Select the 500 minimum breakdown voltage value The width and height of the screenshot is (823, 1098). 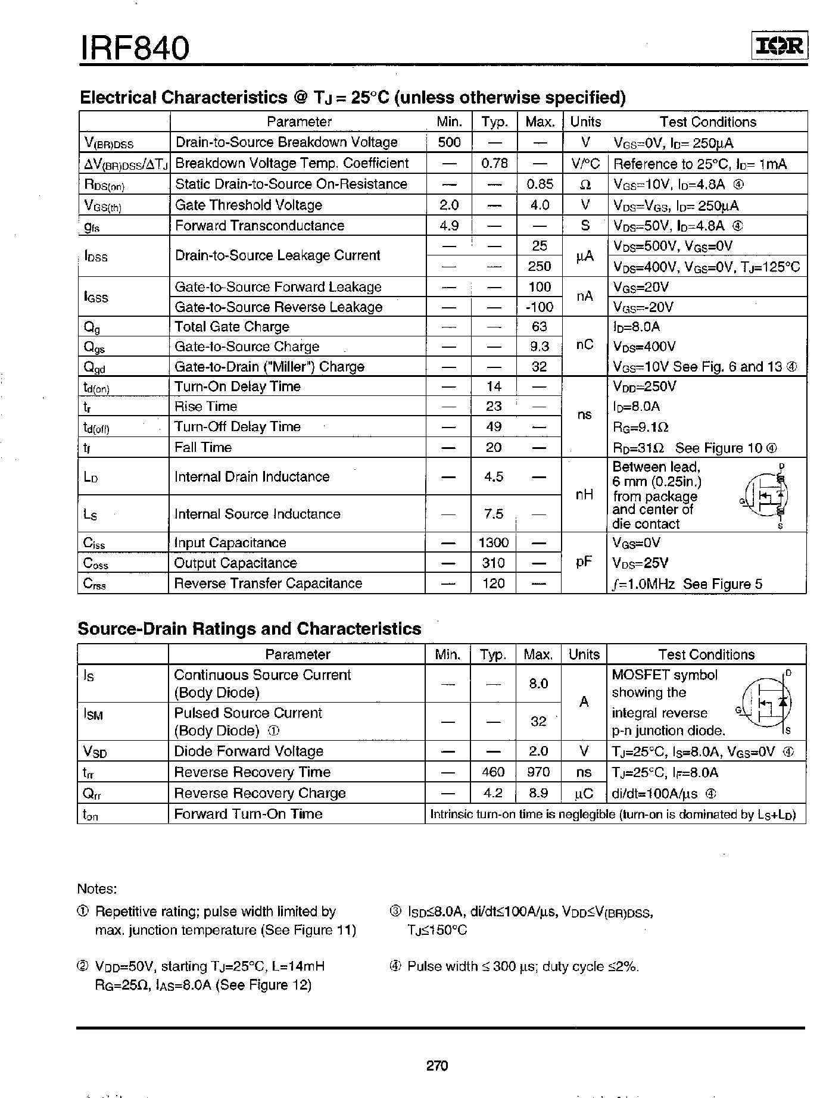tap(449, 142)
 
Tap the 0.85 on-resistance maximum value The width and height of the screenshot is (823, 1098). tap(540, 184)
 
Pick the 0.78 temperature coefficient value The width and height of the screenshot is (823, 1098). tap(494, 163)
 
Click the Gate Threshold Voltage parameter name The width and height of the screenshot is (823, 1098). tap(248, 205)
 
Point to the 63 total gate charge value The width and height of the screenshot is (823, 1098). tap(539, 326)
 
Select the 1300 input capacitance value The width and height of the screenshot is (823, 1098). tap(494, 542)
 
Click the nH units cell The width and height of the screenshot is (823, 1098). tap(584, 494)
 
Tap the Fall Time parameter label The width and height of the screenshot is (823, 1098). tap(202, 447)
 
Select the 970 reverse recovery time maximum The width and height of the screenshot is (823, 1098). tap(538, 772)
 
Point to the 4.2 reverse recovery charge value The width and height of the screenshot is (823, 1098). tap(494, 793)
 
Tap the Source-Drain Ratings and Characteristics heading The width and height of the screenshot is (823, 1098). tap(250, 629)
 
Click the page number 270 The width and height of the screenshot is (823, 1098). tap(437, 1065)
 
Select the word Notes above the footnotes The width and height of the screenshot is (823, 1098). tap(96, 889)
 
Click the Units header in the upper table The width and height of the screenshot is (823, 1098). tap(585, 121)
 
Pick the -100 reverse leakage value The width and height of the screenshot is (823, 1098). tap(539, 307)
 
